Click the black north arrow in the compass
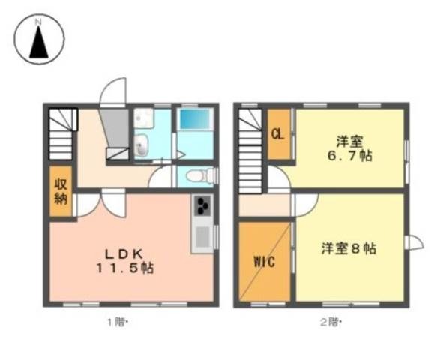point(39,42)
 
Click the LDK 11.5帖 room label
point(125,261)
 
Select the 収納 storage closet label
point(61,191)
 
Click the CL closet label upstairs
point(278,134)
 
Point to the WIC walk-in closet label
point(265,262)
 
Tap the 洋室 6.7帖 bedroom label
point(350,148)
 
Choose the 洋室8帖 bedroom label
point(349,248)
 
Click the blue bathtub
point(195,119)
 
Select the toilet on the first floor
point(200,175)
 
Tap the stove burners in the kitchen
point(203,206)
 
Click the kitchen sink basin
point(203,237)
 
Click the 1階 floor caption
point(117,322)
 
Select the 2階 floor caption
point(331,322)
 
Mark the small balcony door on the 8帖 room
point(415,243)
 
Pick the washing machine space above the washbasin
point(144,118)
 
